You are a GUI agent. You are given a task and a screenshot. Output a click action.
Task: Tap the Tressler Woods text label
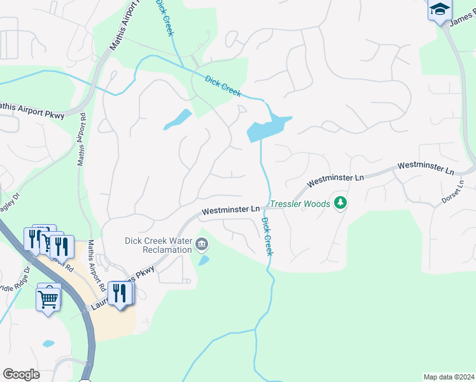[x=300, y=204]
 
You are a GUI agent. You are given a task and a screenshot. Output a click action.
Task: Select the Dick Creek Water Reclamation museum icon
[x=202, y=243]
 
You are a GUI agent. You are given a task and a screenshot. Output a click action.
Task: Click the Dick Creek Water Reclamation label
[x=158, y=245]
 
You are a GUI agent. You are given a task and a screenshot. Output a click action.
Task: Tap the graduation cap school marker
[x=440, y=10]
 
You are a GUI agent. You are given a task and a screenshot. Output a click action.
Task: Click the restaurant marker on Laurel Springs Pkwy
[x=120, y=293]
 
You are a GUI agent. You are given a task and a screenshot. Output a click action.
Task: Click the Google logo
[x=21, y=374]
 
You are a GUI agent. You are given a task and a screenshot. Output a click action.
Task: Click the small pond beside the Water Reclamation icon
[x=203, y=260]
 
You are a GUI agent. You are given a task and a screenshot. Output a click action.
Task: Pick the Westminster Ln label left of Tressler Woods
[x=231, y=209]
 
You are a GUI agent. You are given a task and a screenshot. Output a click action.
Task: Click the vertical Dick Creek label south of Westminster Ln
[x=267, y=236]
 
